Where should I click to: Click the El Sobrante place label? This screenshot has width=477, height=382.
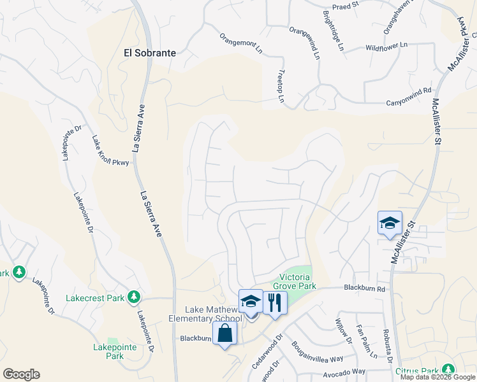[x=149, y=53]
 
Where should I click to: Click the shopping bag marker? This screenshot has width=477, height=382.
[x=225, y=332]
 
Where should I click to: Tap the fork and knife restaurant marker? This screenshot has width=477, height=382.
[x=275, y=301]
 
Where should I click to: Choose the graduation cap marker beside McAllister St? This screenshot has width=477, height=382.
[x=390, y=223]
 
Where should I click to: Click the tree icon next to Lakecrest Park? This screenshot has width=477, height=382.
[x=134, y=296]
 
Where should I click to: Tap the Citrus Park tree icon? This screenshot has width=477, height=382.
[x=448, y=369]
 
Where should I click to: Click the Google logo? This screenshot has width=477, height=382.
[x=21, y=374]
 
